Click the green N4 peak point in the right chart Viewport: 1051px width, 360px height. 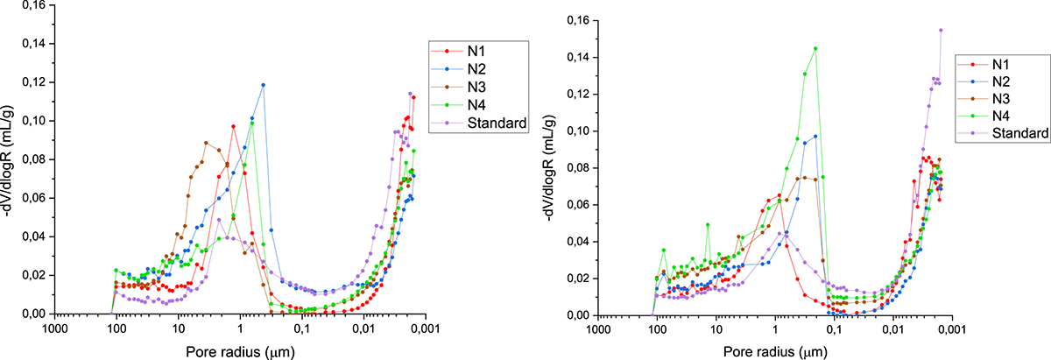(815, 49)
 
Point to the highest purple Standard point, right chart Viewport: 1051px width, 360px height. (941, 30)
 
